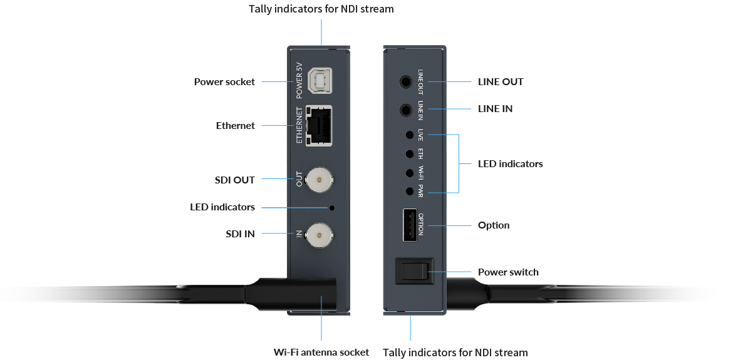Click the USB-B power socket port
pyautogui.click(x=320, y=81)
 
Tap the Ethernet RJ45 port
pyautogui.click(x=320, y=126)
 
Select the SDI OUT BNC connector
pyautogui.click(x=319, y=180)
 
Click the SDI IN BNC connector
pyautogui.click(x=319, y=235)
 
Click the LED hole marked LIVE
pyautogui.click(x=410, y=135)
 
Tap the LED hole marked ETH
pyautogui.click(x=410, y=153)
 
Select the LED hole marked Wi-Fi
pyautogui.click(x=410, y=172)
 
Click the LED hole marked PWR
pyautogui.click(x=410, y=191)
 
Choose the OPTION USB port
pyautogui.click(x=409, y=224)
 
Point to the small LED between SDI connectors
pyautogui.click(x=332, y=207)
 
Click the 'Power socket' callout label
pyautogui.click(x=224, y=81)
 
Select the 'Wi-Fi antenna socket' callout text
pyautogui.click(x=321, y=352)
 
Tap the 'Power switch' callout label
pyautogui.click(x=508, y=272)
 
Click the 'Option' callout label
pyautogui.click(x=494, y=225)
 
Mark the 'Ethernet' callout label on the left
pyautogui.click(x=235, y=126)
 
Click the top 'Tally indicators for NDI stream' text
pyautogui.click(x=321, y=9)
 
